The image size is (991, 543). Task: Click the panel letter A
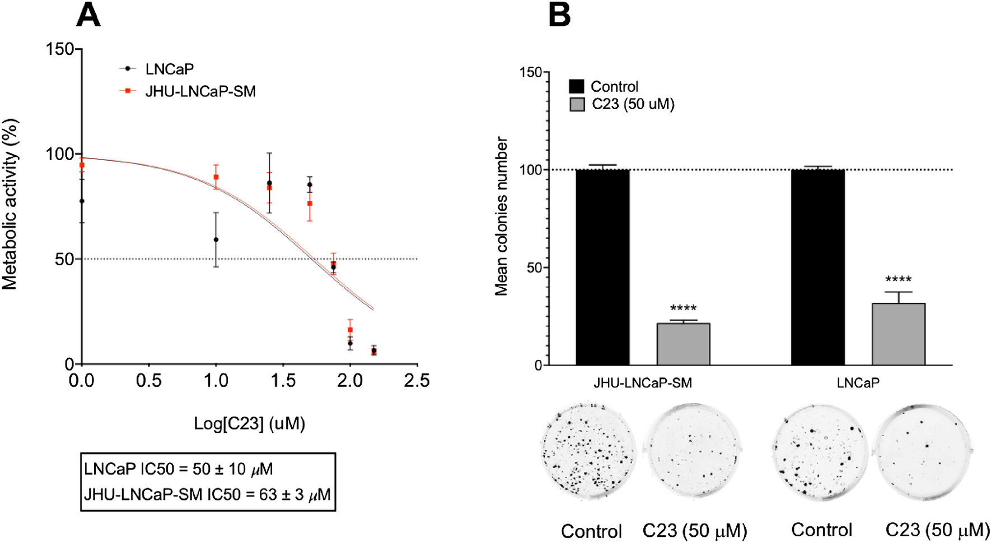point(88,15)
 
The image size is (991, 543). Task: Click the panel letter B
point(559,15)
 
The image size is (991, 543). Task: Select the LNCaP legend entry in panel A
point(169,69)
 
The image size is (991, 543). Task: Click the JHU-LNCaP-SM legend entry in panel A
point(200,91)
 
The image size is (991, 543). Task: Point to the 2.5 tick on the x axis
point(417,381)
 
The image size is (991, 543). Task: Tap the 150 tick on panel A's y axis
point(60,49)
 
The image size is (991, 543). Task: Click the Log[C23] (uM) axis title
point(249,423)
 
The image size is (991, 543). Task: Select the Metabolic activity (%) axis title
point(10,204)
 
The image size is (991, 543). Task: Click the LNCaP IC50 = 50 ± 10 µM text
point(179,469)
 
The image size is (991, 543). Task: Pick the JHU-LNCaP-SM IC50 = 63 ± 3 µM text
point(207,494)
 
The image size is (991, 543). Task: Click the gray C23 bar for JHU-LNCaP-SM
point(683,344)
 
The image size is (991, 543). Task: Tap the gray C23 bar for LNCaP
point(898,334)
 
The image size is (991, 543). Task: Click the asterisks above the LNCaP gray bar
point(898,279)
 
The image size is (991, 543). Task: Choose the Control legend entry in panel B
point(614,87)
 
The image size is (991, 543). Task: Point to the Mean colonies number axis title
point(501,216)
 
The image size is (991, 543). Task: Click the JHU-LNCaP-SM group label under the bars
point(643,383)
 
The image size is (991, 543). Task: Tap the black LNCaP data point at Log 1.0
point(216,240)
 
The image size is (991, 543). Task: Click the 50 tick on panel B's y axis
point(534,268)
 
